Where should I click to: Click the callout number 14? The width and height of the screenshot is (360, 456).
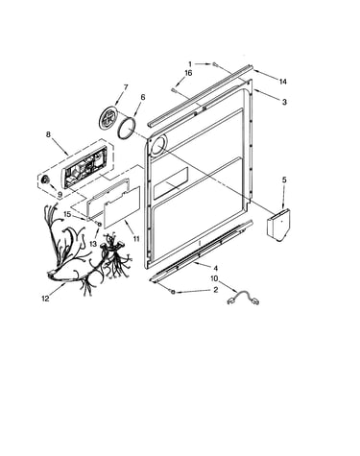pos(282,82)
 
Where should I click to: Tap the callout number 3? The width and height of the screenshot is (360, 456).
pos(284,102)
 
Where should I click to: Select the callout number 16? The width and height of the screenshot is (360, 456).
pos(188,73)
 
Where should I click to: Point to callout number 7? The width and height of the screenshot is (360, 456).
pos(126,86)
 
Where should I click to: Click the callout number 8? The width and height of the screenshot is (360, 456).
pos(48,134)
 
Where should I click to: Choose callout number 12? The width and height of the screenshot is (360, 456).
pos(45,299)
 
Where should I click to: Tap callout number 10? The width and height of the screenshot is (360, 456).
pos(214,278)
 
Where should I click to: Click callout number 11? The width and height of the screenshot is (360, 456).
pos(136,238)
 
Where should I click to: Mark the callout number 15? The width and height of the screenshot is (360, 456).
pos(67,214)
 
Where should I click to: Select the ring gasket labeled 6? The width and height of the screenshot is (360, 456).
pos(127,128)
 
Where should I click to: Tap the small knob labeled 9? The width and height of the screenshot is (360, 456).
pos(45,181)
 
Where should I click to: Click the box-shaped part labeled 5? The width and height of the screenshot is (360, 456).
pos(278,225)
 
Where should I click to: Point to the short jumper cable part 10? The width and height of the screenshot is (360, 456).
pos(243,298)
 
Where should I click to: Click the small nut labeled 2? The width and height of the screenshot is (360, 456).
pos(173,292)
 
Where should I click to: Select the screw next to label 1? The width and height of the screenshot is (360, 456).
pos(214,65)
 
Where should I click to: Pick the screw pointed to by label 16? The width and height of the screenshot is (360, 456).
pos(175,90)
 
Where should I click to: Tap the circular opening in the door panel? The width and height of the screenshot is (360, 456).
pos(158,146)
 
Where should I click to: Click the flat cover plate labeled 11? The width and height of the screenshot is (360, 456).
pos(122,207)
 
